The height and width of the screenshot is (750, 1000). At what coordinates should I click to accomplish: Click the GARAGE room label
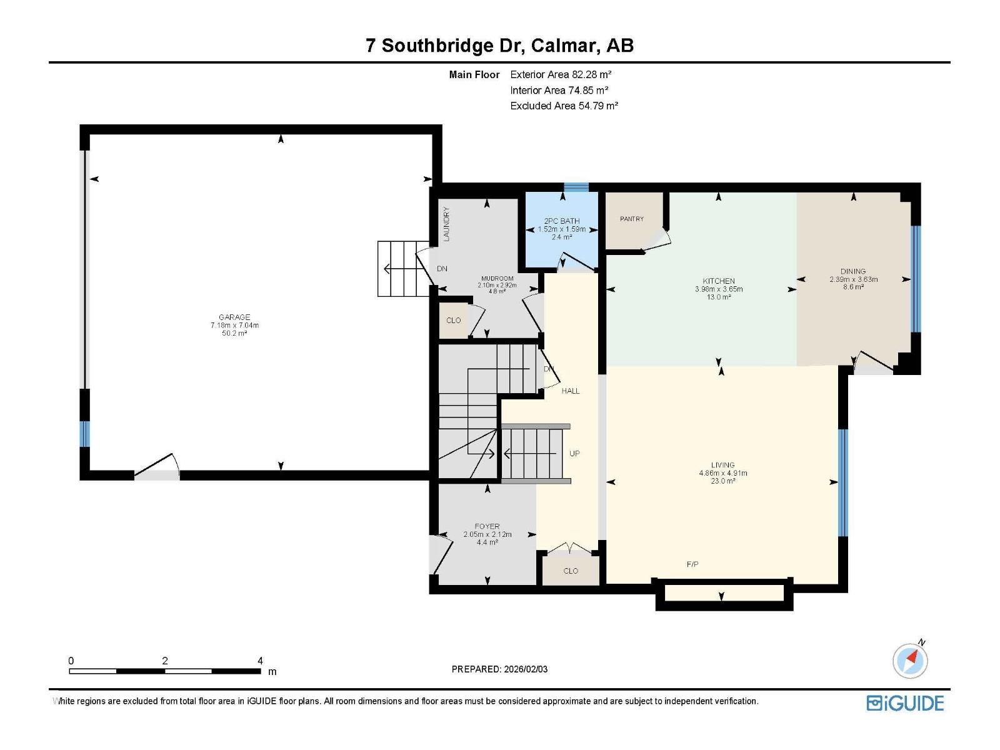234,317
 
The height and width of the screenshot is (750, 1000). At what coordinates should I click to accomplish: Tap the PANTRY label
631,219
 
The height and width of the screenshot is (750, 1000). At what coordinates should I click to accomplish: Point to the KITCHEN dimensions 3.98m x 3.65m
719,289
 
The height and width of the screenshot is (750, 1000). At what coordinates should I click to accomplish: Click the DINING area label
852,271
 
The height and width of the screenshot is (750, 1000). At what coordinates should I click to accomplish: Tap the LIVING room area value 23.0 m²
722,481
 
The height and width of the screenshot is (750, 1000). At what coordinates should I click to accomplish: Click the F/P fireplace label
692,564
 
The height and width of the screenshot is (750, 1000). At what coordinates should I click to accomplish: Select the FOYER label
487,526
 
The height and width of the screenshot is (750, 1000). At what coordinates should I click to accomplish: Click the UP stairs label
574,454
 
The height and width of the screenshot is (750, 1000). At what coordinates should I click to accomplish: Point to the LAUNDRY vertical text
446,224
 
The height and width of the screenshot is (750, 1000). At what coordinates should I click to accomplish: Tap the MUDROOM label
497,278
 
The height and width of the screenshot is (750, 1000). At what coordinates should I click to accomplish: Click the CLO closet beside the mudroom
453,321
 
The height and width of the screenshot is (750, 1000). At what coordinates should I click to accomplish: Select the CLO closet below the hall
571,571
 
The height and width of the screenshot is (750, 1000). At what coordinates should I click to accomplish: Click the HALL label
571,391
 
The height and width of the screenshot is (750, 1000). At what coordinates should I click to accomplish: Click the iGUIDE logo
904,703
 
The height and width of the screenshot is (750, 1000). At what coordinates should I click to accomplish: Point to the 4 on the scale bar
260,661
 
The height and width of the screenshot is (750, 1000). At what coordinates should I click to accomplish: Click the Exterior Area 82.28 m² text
561,74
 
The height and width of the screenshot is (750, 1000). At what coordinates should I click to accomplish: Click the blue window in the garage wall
85,434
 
